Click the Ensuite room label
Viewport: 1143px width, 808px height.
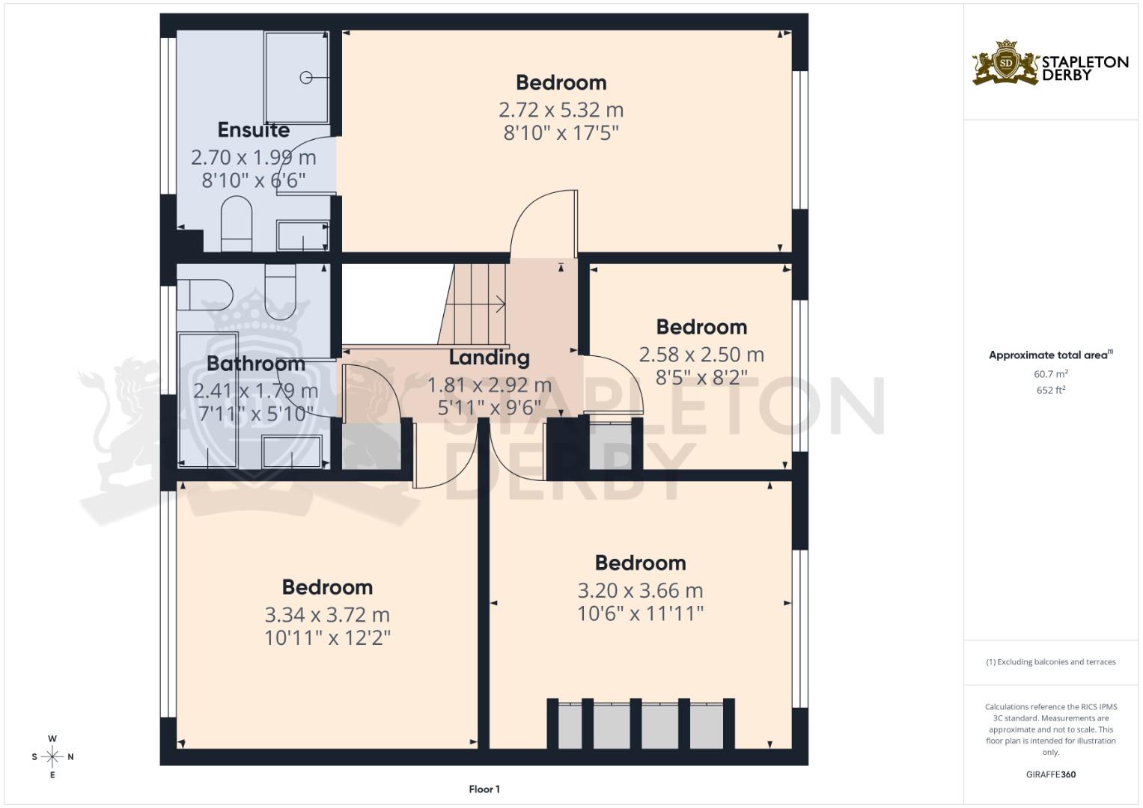point(253,130)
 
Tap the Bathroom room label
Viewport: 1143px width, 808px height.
point(255,364)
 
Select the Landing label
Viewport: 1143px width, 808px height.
point(489,358)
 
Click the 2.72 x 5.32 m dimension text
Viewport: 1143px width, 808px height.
point(561,110)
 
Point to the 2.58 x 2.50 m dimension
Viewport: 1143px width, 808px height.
point(701,355)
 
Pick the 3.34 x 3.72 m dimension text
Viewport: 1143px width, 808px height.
point(327,615)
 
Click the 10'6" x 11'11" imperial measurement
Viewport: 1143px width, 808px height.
point(640,614)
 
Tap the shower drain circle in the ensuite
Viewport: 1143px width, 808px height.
point(305,77)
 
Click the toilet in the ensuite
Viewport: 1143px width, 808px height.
point(237,221)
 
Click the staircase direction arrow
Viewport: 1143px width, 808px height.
point(498,304)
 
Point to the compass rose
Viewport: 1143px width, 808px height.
point(52,756)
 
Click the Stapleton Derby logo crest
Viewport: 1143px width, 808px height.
point(1005,63)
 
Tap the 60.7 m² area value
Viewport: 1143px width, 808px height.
point(1050,373)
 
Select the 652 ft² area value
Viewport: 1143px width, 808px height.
point(1050,390)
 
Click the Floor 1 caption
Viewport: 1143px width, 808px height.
point(484,789)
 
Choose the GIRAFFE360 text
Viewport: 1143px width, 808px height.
point(1050,774)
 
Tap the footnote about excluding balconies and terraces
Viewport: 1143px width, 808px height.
point(1050,662)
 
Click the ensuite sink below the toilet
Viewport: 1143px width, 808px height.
point(302,236)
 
